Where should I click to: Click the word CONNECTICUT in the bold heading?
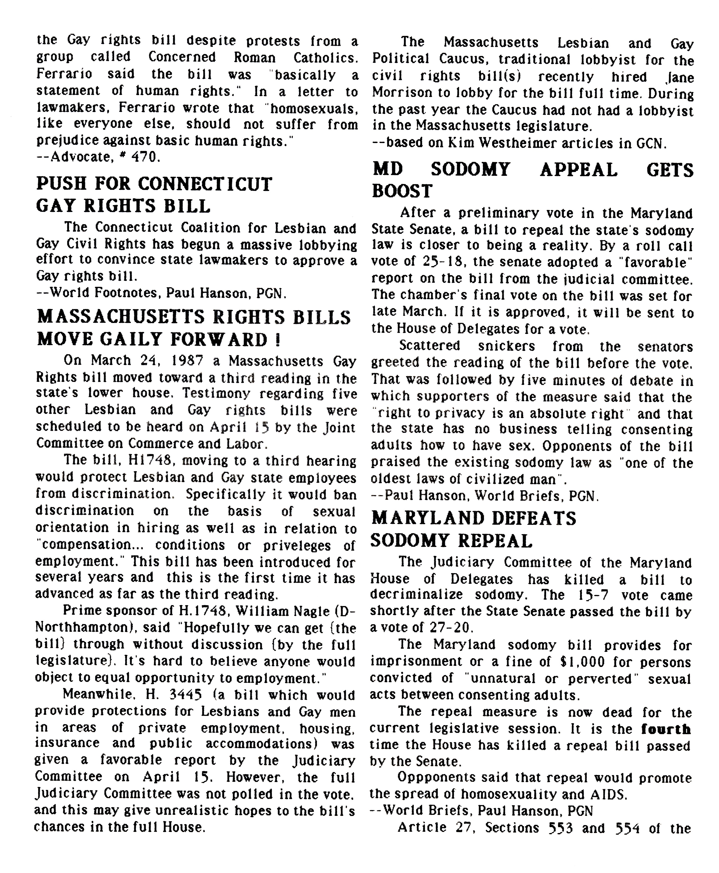205,184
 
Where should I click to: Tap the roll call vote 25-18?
444,262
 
